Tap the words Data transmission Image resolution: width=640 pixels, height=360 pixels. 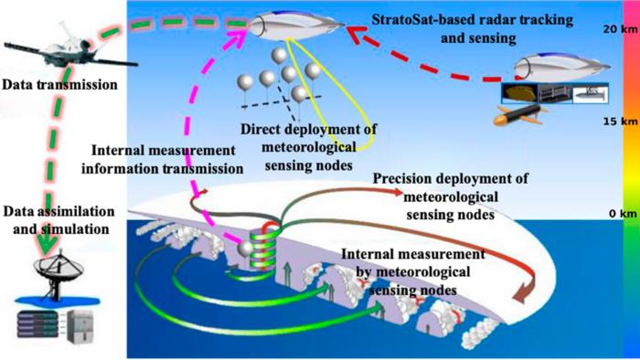click(54, 84)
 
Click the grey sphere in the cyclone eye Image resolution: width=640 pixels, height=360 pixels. click(245, 249)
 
